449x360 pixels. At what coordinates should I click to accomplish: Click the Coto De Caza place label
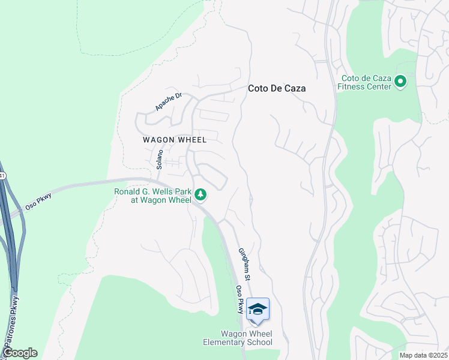pos(277,88)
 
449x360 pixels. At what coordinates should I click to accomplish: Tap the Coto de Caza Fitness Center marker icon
pos(401,81)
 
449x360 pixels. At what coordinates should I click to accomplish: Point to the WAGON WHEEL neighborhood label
pos(175,140)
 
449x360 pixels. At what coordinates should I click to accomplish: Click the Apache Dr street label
pos(168,101)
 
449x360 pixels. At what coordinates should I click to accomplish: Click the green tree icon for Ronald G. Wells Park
pos(200,194)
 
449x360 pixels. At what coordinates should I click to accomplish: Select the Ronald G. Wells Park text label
pos(152,196)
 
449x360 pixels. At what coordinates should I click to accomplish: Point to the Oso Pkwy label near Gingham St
pos(240,299)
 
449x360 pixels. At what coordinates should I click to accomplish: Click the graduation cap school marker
pos(258,309)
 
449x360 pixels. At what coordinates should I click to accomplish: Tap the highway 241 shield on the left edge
pos(2,176)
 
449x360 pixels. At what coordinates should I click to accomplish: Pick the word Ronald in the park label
pos(128,192)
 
